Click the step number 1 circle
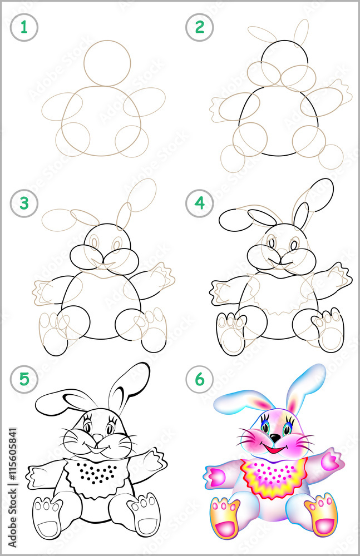tap(23, 27)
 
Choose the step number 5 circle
tap(23, 379)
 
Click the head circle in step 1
tap(108, 63)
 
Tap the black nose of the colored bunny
tap(275, 438)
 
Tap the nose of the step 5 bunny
tap(98, 439)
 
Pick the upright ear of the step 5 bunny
tap(128, 386)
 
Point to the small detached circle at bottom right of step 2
tap(332, 156)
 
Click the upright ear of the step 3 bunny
tap(124, 214)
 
